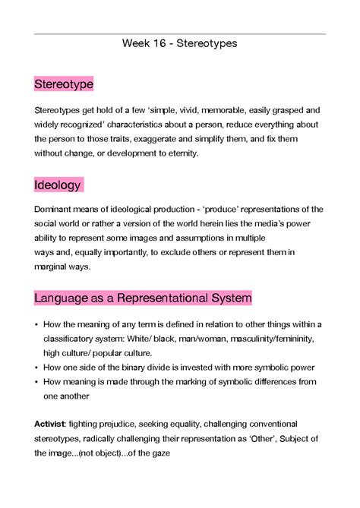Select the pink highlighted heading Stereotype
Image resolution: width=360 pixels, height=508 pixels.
(64, 84)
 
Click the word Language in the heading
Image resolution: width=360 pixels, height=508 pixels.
(64, 297)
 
